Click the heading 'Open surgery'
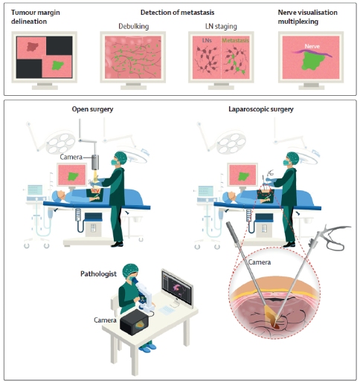[92, 109]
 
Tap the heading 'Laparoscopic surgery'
[261, 109]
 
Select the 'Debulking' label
[134, 26]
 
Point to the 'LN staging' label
[221, 26]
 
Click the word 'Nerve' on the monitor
[312, 46]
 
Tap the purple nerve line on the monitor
[312, 53]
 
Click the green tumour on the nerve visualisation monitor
[313, 62]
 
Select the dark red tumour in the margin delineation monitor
[33, 46]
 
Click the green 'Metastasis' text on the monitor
[235, 40]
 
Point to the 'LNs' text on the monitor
[207, 40]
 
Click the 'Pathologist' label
[98, 273]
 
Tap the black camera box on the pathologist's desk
[135, 322]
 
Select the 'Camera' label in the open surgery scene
[71, 157]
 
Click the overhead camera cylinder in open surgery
[95, 162]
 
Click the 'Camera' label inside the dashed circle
[260, 262]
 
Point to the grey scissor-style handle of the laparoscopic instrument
[335, 237]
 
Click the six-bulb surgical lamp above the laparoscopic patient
[231, 143]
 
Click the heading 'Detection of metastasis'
[177, 13]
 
